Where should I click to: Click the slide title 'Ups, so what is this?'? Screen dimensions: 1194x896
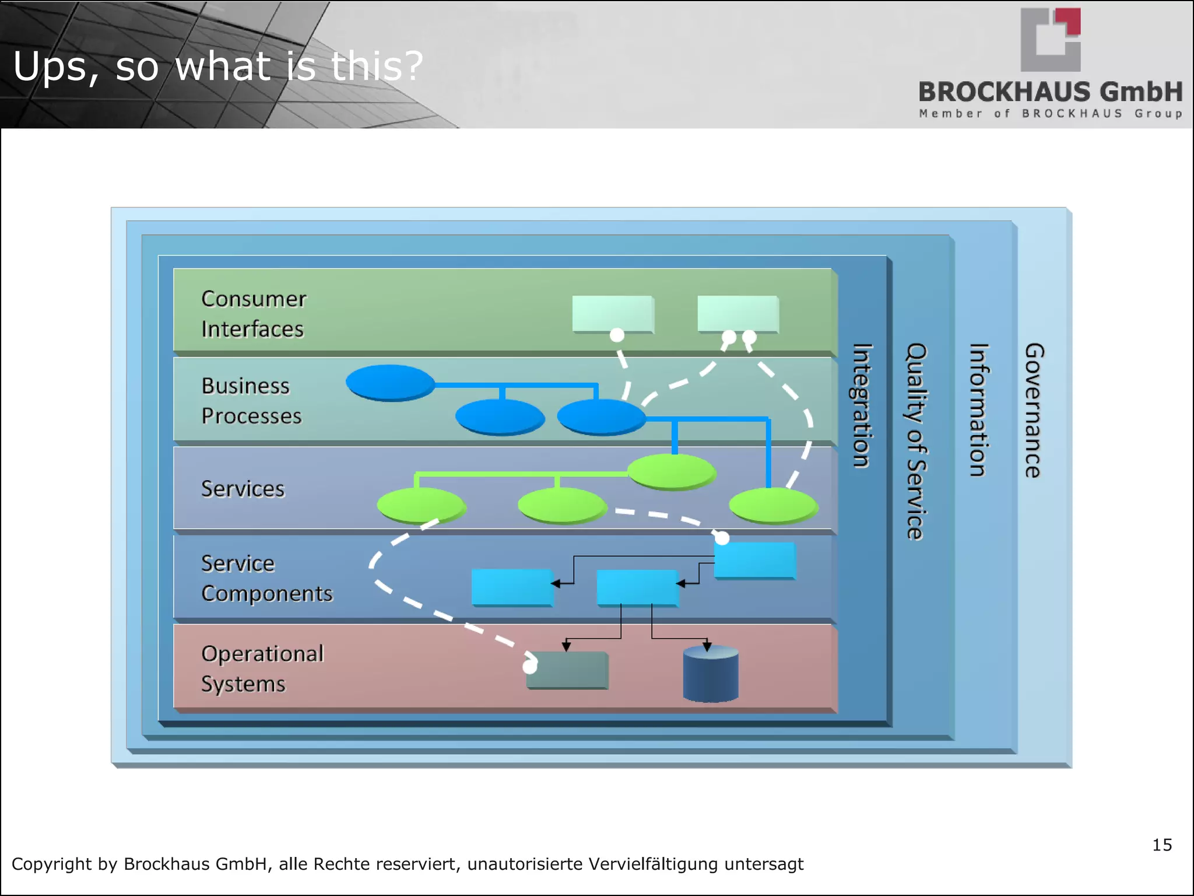coord(217,66)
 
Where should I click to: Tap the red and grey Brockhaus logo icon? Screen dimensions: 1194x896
coord(1051,40)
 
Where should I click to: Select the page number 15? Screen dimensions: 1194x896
coord(1162,845)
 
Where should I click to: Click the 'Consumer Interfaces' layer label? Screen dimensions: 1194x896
coord(254,314)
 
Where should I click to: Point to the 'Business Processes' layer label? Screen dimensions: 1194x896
coord(252,401)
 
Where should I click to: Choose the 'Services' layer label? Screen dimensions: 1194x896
coord(243,489)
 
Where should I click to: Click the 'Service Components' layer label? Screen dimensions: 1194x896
coord(267,578)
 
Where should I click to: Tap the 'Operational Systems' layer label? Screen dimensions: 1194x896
coord(262,668)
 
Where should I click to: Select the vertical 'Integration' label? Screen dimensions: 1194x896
coord(862,406)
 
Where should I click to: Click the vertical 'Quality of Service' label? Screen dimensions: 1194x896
coord(916,442)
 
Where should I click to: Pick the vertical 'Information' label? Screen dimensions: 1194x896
coord(979,410)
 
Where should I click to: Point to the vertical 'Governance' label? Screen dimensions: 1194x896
coord(1034,411)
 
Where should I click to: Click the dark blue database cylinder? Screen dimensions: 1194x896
coord(711,674)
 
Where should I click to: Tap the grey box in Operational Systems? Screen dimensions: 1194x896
coord(567,670)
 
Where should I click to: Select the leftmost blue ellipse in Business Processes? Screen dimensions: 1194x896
coord(390,383)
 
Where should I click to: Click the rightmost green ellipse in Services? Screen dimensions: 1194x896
coord(774,506)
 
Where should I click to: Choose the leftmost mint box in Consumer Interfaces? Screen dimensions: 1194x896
coord(613,314)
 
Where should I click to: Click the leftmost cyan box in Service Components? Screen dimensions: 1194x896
coord(512,587)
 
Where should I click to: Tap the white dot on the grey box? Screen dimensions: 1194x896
coord(530,666)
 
